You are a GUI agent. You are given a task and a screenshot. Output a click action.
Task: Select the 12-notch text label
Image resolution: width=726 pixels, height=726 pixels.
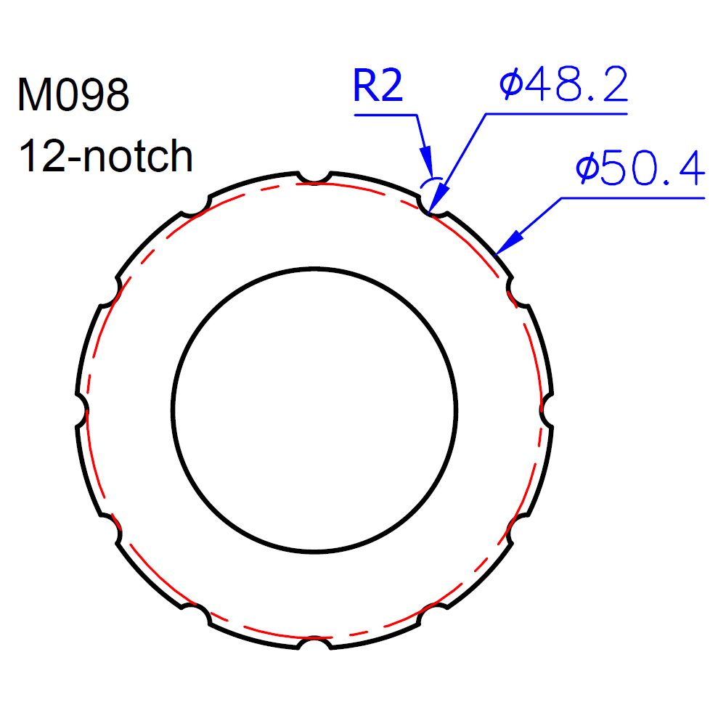pyautogui.click(x=106, y=155)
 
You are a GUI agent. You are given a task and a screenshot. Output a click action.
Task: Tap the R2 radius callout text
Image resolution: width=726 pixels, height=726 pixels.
pyautogui.click(x=378, y=86)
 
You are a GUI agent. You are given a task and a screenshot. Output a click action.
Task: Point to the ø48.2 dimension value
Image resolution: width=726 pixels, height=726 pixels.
pyautogui.click(x=563, y=86)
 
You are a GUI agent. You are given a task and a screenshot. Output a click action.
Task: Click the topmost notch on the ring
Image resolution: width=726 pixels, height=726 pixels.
pyautogui.click(x=314, y=177)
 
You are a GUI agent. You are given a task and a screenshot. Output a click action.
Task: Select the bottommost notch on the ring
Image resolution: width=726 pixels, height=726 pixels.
pyautogui.click(x=314, y=643)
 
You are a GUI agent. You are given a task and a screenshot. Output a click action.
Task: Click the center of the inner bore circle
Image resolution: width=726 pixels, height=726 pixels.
pyautogui.click(x=314, y=410)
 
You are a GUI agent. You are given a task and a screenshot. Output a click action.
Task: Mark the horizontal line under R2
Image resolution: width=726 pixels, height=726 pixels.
pyautogui.click(x=385, y=115)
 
